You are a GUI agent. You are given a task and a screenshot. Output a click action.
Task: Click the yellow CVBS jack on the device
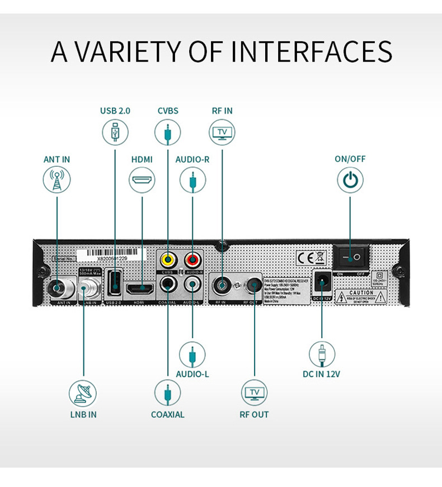[167, 259]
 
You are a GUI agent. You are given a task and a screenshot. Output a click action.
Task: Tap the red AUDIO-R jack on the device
[193, 259]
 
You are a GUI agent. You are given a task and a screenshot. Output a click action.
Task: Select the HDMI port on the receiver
[140, 289]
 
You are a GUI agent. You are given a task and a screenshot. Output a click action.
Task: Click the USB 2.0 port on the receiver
[114, 282]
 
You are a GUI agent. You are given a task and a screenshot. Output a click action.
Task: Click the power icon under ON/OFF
[350, 181]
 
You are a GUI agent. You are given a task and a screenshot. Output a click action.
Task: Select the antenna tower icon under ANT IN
[57, 181]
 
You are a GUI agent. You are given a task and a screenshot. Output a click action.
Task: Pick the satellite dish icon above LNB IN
[83, 394]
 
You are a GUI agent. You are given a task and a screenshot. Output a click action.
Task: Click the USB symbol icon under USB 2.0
[115, 133]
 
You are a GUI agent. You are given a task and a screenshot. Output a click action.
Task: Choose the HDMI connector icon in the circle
[142, 181]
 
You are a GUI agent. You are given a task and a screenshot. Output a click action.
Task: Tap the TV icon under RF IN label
[222, 133]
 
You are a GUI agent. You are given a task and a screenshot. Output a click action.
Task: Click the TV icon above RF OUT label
[254, 393]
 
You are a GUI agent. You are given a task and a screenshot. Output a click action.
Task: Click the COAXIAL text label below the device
[167, 414]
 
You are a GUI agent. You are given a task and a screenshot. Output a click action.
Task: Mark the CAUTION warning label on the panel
[361, 295]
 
